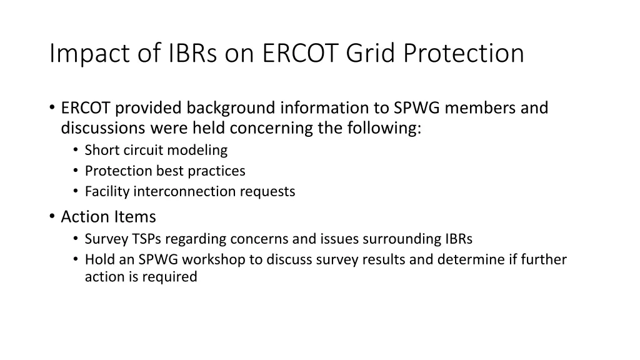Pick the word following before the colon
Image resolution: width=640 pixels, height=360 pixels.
coord(387,128)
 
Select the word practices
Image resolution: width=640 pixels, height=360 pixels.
coord(218,171)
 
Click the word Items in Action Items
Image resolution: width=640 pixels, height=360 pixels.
coord(135,217)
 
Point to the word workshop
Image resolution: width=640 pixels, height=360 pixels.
coord(217,259)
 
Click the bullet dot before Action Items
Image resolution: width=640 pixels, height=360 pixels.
coord(51,217)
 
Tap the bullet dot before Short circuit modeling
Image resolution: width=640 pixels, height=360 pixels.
coord(75,150)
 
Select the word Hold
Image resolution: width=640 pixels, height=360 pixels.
coord(99,259)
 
